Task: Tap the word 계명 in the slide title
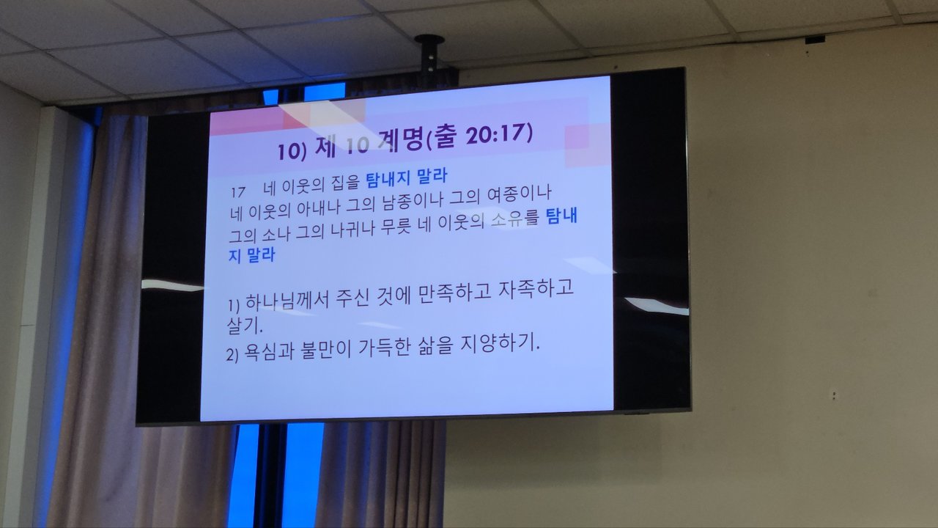tap(401, 141)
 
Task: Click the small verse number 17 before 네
tap(238, 192)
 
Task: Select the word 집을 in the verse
tap(345, 183)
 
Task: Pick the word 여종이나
tap(518, 194)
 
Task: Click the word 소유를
tap(514, 219)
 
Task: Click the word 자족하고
tap(536, 289)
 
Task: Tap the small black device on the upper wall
tap(815, 40)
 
